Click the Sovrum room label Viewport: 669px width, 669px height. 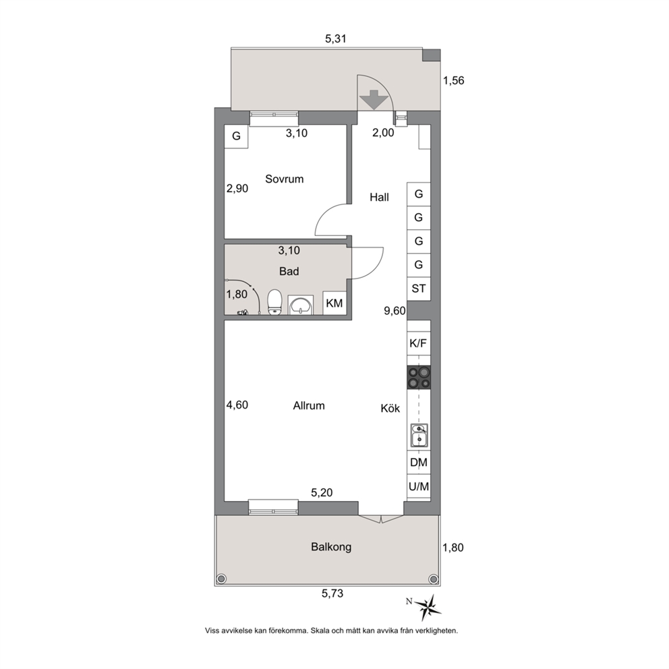tap(284, 179)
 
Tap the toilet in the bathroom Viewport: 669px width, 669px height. tap(274, 303)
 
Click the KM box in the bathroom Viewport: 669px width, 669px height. tap(334, 303)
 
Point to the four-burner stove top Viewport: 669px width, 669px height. tap(419, 378)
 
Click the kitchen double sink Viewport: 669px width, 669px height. tap(419, 435)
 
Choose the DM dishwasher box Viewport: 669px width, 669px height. tap(419, 463)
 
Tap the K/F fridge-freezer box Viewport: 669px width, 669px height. tap(419, 343)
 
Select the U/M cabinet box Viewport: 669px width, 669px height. tap(419, 486)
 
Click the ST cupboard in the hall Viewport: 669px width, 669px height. tap(419, 289)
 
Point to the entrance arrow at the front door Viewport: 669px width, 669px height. tap(374, 100)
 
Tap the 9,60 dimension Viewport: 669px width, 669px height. tap(395, 311)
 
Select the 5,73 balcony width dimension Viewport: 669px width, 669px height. tap(332, 593)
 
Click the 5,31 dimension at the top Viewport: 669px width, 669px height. tap(336, 39)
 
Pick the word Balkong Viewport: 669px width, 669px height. tap(331, 547)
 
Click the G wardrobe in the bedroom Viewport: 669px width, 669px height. tap(236, 136)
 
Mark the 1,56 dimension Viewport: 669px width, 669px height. tap(454, 80)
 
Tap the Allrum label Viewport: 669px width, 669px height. tap(309, 405)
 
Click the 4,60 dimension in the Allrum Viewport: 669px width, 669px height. tap(237, 405)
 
